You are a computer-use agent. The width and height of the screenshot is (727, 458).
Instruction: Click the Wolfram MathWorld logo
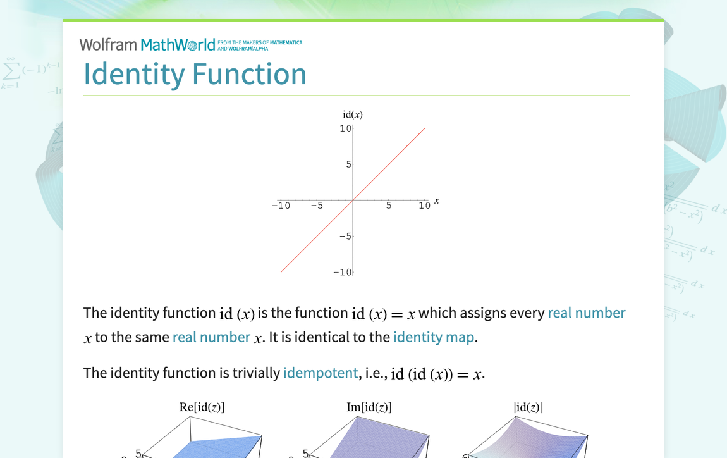(x=190, y=45)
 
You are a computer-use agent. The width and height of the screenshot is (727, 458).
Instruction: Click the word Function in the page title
(x=250, y=74)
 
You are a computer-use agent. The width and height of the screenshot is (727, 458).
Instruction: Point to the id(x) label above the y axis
(x=353, y=114)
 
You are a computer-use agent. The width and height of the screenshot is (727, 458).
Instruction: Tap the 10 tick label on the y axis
(x=345, y=128)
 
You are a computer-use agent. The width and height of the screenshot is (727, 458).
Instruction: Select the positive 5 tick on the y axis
(x=349, y=164)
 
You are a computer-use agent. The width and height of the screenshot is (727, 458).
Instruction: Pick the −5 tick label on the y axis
(x=345, y=236)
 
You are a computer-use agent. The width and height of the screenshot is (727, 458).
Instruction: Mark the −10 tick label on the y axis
(x=343, y=273)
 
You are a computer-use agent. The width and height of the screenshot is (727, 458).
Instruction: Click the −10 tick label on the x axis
(x=281, y=206)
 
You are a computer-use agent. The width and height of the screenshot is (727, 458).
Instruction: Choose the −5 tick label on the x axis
(x=317, y=206)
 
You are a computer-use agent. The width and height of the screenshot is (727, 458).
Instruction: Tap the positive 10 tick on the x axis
(x=424, y=206)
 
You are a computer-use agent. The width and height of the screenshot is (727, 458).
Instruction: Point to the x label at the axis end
(x=437, y=201)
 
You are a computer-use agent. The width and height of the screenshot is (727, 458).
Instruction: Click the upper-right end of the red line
(x=425, y=128)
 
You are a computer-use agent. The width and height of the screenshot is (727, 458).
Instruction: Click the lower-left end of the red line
(x=281, y=272)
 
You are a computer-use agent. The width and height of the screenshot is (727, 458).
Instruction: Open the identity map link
(x=434, y=337)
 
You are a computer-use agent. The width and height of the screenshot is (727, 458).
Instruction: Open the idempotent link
(x=321, y=373)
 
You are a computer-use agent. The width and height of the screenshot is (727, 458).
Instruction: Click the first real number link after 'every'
(x=587, y=313)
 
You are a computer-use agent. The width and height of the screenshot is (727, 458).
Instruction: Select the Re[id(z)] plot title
(x=202, y=407)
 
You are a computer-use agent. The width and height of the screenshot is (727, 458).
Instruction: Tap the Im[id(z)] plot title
(x=369, y=407)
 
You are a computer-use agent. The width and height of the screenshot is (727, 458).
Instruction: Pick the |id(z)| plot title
(x=528, y=407)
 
